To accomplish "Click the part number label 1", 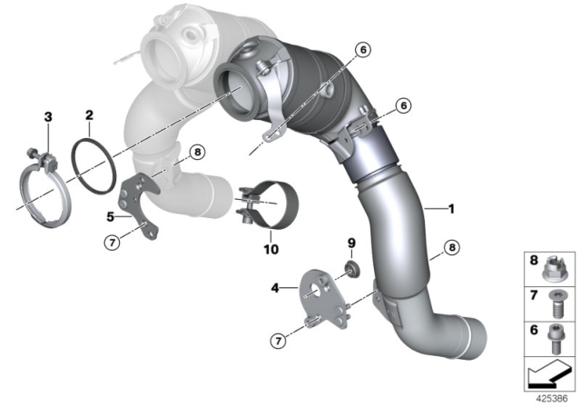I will [x=451, y=209].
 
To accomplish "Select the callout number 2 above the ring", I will [x=90, y=114].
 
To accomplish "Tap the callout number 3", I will [x=47, y=114].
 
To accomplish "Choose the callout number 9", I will [x=350, y=243].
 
